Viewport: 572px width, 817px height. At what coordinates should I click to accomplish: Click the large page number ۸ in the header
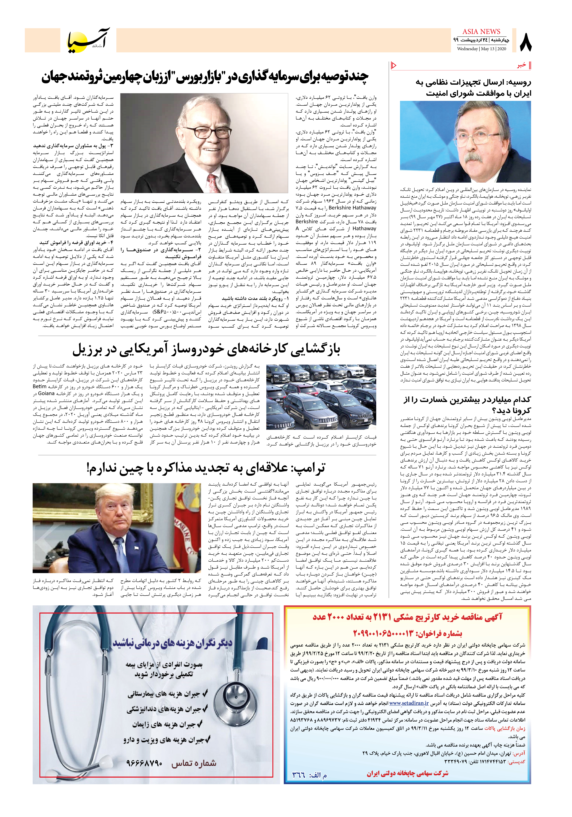pos(526,42)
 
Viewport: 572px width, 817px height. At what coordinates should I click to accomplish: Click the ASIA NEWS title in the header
pos(481,32)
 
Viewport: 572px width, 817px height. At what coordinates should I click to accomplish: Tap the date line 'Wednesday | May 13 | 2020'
pos(481,49)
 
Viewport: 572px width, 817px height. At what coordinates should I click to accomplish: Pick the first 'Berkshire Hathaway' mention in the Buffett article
pos(352,208)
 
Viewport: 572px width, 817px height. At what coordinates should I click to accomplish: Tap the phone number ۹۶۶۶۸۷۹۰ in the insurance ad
pos(144,763)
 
